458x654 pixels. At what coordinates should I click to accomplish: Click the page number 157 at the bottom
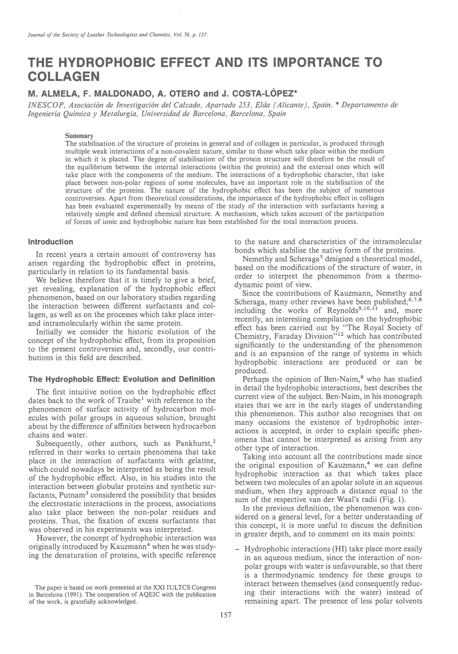tap(225, 616)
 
